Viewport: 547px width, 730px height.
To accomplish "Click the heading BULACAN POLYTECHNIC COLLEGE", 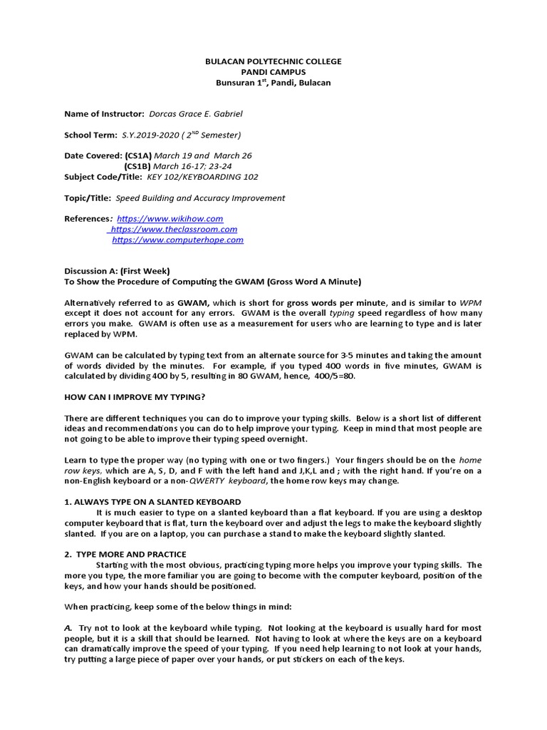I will pyautogui.click(x=273, y=61).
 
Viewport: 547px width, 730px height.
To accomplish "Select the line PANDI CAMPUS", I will pyautogui.click(x=273, y=72).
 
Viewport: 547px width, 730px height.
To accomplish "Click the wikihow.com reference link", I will pyautogui.click(x=170, y=219).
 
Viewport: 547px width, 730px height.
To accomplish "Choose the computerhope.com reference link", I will pyautogui.click(x=178, y=240).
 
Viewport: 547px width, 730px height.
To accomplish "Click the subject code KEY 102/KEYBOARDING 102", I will pyautogui.click(x=203, y=177).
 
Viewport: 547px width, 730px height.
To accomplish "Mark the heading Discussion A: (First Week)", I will pyautogui.click(x=117, y=271).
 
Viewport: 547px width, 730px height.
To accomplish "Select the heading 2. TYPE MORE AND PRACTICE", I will pyautogui.click(x=125, y=554).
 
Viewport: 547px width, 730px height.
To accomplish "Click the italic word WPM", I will pyautogui.click(x=470, y=303).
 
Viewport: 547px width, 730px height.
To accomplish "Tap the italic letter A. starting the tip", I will pyautogui.click(x=68, y=627).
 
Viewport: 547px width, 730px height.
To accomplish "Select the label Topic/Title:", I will pyautogui.click(x=88, y=198).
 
